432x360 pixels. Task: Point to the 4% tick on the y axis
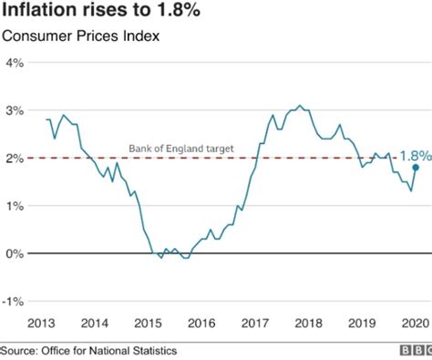pos(15,63)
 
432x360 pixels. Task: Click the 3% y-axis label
pos(15,110)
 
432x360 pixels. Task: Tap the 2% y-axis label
pos(15,158)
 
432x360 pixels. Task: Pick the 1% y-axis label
pos(15,205)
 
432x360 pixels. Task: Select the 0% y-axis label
pos(15,252)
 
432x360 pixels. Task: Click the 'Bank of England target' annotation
pos(180,148)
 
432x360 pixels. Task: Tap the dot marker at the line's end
pos(416,168)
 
